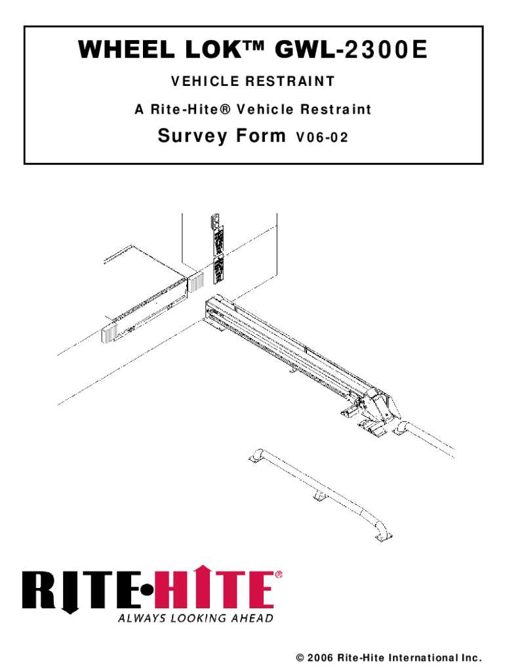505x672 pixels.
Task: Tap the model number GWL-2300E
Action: [351, 50]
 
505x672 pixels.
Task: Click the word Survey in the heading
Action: [193, 136]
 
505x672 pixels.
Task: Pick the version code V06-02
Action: [321, 138]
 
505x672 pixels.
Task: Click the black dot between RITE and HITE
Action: [146, 590]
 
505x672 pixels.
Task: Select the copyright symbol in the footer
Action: [300, 658]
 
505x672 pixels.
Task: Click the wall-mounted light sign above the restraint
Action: [218, 249]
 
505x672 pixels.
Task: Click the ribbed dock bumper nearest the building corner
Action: [197, 281]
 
